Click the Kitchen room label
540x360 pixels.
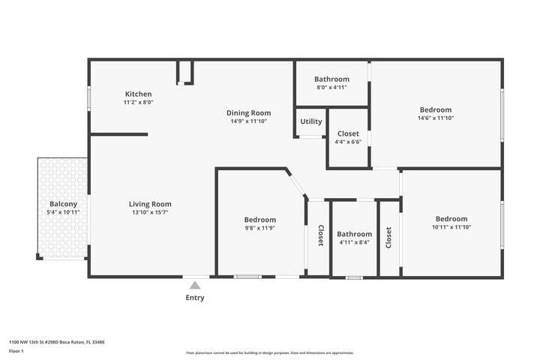tap(138, 94)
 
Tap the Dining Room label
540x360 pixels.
tap(248, 113)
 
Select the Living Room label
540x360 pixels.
tap(150, 204)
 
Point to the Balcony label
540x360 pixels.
tap(63, 204)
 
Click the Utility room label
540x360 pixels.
tap(311, 121)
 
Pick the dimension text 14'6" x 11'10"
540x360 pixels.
tap(436, 118)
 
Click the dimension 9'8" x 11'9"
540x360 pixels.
tap(259, 228)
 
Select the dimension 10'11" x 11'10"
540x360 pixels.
tap(451, 227)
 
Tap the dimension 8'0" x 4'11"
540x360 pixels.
tap(331, 87)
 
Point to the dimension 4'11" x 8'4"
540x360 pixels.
tap(354, 242)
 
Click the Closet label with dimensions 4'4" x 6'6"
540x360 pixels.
tap(348, 133)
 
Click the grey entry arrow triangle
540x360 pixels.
tap(195, 285)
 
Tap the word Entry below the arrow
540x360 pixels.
tap(195, 298)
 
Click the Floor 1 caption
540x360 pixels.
tap(16, 350)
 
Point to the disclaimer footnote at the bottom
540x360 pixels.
tap(270, 352)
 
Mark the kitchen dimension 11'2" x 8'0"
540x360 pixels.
tap(138, 103)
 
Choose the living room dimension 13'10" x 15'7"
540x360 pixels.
tap(150, 212)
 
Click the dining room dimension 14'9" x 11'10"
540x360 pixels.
tap(248, 121)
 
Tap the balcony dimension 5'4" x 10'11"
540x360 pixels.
tap(63, 212)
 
